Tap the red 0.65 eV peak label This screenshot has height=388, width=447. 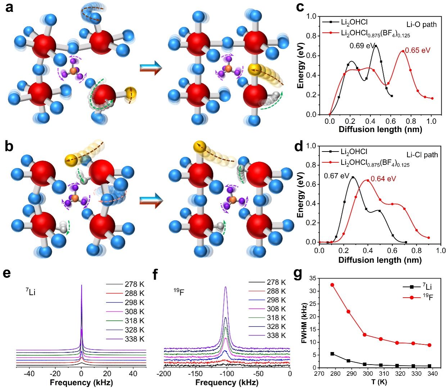pyautogui.click(x=417, y=51)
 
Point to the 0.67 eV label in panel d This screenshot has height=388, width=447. pyautogui.click(x=337, y=176)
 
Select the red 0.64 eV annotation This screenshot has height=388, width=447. pyautogui.click(x=383, y=178)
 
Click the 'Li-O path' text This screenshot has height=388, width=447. pyautogui.click(x=421, y=24)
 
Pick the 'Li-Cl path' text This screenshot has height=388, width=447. pyautogui.click(x=422, y=155)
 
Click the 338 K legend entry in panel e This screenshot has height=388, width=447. pyautogui.click(x=134, y=339)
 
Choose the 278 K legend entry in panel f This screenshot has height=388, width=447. pyautogui.click(x=276, y=283)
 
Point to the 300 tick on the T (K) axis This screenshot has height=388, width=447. pyautogui.click(x=365, y=374)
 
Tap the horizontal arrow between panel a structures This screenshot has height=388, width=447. pyautogui.click(x=151, y=68)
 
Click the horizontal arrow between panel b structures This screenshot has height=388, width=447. pyautogui.click(x=151, y=200)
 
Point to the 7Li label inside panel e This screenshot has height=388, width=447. pyautogui.click(x=32, y=292)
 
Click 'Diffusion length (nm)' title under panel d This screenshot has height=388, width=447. pyautogui.click(x=380, y=260)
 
